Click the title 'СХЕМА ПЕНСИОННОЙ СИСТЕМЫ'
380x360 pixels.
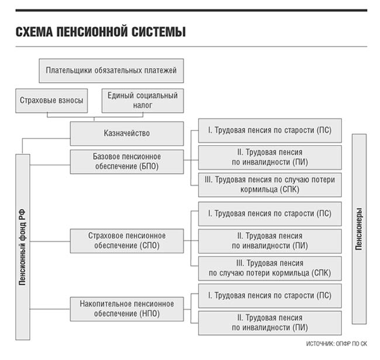(101, 32)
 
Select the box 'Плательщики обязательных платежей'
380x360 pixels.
(111, 71)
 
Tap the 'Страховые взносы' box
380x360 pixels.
(51, 101)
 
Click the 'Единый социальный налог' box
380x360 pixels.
(143, 101)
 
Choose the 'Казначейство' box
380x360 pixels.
(127, 133)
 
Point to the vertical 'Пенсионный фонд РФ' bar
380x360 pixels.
(23, 247)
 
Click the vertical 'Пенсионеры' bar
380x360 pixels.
(359, 229)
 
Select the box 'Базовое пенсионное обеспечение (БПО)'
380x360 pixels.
(127, 162)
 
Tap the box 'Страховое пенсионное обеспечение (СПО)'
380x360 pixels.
(127, 241)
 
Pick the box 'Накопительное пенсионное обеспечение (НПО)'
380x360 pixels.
(127, 309)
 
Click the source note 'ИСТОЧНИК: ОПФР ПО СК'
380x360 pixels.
(336, 344)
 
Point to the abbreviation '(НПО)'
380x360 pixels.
(149, 314)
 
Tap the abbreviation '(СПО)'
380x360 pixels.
(149, 245)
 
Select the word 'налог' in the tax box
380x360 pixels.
(143, 105)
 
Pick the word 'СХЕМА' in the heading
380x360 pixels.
(34, 32)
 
